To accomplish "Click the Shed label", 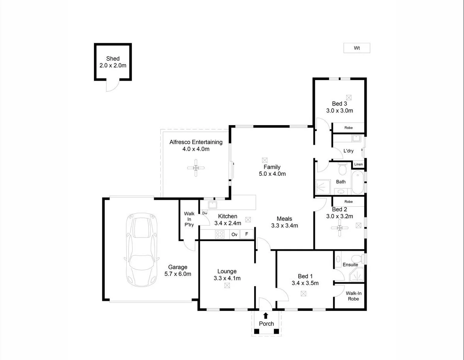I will (113, 59).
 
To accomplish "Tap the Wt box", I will (357, 48).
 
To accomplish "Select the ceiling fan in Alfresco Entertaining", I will (196, 168).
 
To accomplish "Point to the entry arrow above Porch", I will (266, 316).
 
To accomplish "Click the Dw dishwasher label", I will (205, 213).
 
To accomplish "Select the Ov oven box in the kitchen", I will (234, 234).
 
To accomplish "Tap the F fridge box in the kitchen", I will (246, 234).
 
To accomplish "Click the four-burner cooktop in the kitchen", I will (220, 234).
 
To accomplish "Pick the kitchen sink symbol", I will (212, 205).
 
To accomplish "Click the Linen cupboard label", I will (358, 165).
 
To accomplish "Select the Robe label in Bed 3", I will (348, 127).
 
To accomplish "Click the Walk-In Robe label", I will (353, 296).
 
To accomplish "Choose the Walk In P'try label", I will (189, 219).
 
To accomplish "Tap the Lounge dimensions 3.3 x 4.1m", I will (227, 278).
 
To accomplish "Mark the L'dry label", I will (348, 151).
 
